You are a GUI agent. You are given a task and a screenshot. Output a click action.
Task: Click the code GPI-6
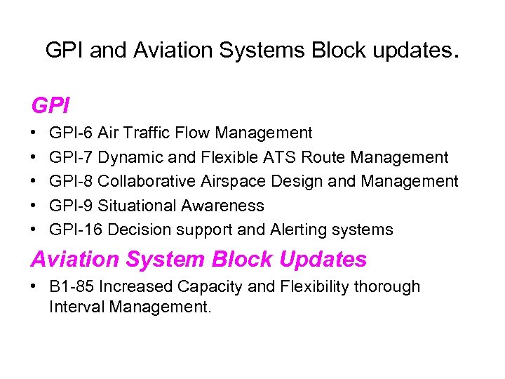point(71,133)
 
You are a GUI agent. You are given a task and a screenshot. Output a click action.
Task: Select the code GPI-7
point(71,157)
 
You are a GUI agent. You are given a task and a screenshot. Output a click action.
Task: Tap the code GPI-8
point(71,181)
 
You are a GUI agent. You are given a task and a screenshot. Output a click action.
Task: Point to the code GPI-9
point(71,206)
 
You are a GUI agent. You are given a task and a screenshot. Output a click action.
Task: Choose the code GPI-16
point(76,230)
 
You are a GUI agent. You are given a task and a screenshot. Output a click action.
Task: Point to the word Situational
point(137,206)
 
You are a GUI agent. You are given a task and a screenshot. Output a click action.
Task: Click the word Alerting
point(289,230)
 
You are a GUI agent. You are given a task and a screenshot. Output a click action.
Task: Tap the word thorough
point(389,286)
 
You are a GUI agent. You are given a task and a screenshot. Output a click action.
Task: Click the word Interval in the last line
point(74,306)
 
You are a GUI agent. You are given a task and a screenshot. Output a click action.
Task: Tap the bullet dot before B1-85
point(34,286)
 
